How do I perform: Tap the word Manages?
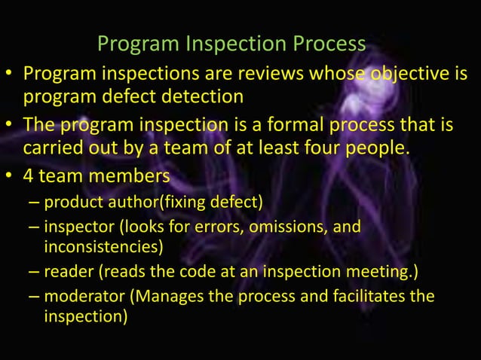click(x=169, y=296)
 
